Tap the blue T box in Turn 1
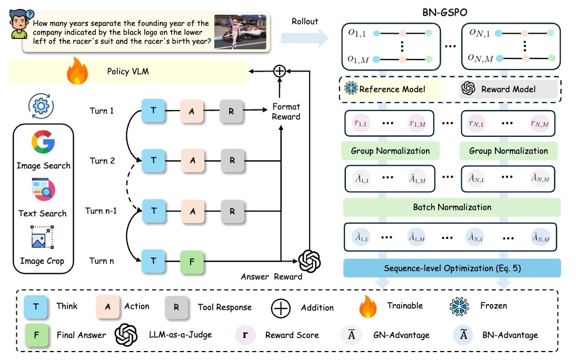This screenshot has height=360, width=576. click(x=154, y=112)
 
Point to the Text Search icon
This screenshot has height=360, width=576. click(x=43, y=190)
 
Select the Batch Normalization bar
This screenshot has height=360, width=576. click(x=452, y=207)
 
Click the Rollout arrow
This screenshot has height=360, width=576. click(x=304, y=38)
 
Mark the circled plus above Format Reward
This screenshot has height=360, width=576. click(x=280, y=72)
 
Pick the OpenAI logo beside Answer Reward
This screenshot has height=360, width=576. click(x=310, y=260)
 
